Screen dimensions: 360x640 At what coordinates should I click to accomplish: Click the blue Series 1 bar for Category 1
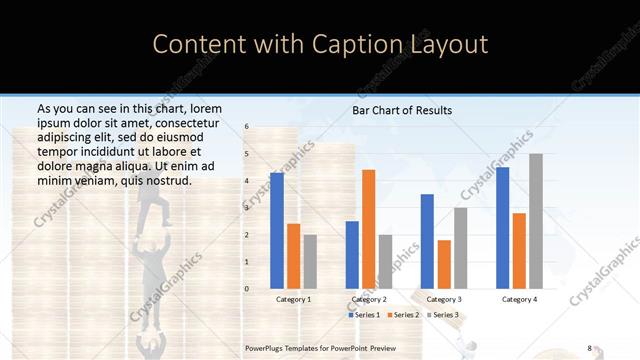(277, 231)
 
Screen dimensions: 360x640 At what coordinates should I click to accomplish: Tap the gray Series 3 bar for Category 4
(536, 221)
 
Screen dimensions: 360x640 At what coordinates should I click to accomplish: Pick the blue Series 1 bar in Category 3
(427, 241)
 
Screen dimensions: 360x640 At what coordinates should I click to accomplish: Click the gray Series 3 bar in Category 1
(310, 262)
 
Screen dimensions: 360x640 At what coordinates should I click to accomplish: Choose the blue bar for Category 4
(502, 228)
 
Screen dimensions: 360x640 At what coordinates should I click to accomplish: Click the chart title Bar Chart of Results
(402, 110)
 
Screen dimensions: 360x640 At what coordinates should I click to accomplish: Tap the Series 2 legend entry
(404, 315)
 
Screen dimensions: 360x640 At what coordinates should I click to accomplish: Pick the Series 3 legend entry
(443, 315)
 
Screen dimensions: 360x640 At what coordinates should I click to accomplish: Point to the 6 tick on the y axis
(247, 127)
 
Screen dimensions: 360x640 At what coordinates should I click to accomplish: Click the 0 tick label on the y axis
(247, 289)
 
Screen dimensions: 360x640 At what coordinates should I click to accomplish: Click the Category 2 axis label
(369, 299)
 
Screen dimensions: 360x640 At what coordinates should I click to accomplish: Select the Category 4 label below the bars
(519, 299)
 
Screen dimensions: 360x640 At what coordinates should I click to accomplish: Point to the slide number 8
(589, 348)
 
